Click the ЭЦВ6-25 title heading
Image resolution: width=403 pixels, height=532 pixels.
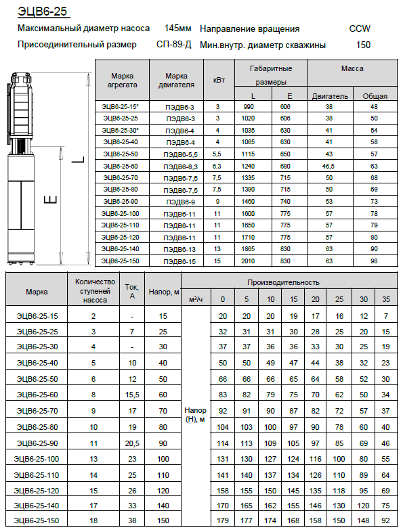pyautogui.click(x=43, y=12)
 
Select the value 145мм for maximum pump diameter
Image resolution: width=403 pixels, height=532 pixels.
pyautogui.click(x=177, y=28)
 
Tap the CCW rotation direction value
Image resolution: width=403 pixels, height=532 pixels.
pyautogui.click(x=360, y=28)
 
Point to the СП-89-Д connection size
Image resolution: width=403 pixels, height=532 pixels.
pyautogui.click(x=174, y=45)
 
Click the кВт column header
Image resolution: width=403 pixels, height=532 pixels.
pyautogui.click(x=219, y=80)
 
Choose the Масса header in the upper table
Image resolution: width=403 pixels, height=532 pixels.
pyautogui.click(x=352, y=68)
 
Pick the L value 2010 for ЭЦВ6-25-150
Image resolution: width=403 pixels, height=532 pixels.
pyautogui.click(x=248, y=261)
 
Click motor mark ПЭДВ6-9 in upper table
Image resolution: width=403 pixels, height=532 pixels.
pyautogui.click(x=181, y=202)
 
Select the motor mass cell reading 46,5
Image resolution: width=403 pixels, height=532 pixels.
pyautogui.click(x=328, y=167)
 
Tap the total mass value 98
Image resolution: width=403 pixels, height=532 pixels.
pyautogui.click(x=374, y=261)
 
